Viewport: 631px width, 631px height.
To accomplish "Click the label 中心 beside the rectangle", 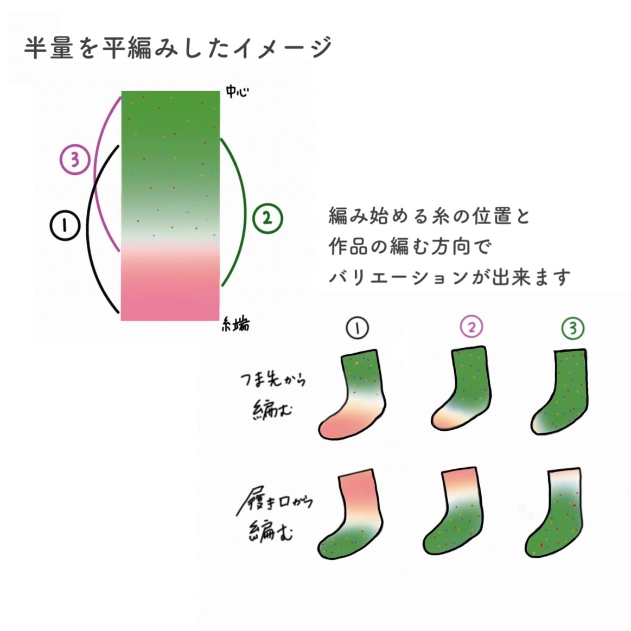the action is coord(238,93).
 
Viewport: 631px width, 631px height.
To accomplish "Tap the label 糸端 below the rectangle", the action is coord(237,324).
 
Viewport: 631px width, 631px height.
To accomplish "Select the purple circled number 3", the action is coord(74,160).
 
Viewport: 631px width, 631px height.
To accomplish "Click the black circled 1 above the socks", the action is coord(356,328).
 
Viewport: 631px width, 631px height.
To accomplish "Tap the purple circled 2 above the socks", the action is coord(471,327).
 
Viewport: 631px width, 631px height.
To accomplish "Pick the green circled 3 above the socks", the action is coord(573,328).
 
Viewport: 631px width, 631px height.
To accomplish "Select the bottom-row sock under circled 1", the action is coord(353,515).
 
